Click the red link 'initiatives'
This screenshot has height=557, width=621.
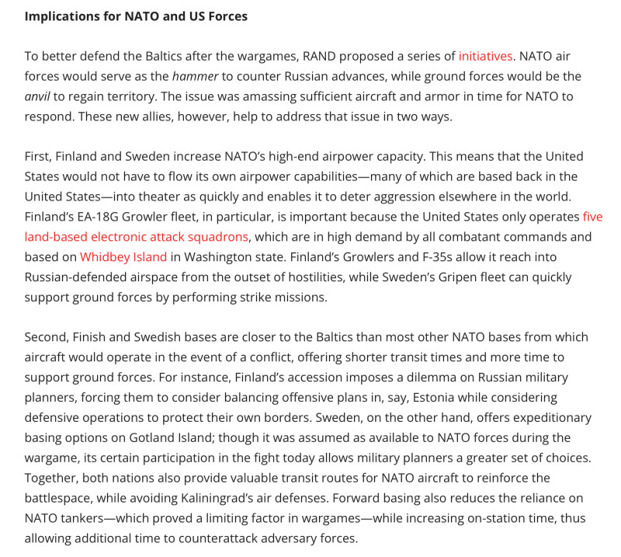pos(485,56)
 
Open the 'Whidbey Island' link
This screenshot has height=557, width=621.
pos(123,256)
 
